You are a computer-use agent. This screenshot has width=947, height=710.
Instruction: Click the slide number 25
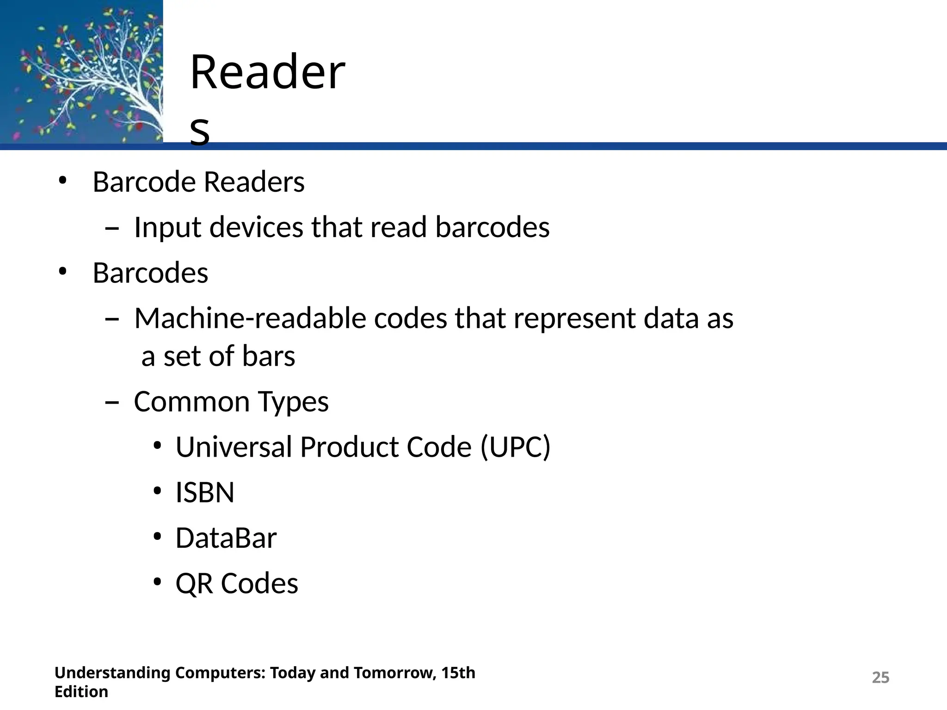880,678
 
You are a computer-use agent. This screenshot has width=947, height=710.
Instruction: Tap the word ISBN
205,492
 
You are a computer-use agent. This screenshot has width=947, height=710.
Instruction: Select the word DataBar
226,538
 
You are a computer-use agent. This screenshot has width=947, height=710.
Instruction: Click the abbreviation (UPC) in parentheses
516,447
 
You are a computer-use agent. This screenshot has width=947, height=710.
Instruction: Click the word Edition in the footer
81,692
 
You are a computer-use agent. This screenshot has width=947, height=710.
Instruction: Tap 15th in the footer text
458,673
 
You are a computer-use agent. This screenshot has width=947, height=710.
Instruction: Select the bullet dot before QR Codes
157,582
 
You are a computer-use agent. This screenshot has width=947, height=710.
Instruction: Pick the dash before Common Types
111,403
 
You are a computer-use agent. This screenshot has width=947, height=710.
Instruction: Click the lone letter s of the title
200,131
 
